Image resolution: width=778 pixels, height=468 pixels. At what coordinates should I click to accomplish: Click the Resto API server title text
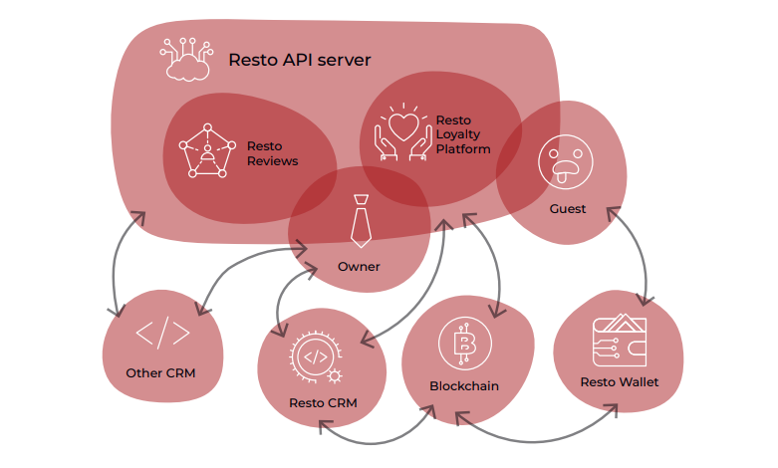tap(299, 60)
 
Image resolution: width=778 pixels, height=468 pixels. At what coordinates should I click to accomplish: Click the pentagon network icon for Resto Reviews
tap(206, 151)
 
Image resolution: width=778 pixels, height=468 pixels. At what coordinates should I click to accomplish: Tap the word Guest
tap(568, 209)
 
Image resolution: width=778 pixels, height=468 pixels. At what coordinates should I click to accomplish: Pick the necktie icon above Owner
tap(360, 223)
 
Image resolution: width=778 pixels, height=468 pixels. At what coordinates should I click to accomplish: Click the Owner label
tap(359, 267)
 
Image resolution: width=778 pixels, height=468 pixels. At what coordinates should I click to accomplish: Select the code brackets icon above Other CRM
tap(161, 334)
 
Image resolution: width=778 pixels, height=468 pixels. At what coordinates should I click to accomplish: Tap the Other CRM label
tap(160, 373)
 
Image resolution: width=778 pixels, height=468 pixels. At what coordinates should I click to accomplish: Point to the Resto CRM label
tap(323, 403)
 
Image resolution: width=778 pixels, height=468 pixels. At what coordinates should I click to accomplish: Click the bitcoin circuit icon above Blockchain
tap(463, 345)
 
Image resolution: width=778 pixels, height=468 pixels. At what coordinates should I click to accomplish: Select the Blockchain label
tap(464, 385)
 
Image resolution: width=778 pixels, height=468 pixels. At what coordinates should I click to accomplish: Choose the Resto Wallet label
tap(618, 381)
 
